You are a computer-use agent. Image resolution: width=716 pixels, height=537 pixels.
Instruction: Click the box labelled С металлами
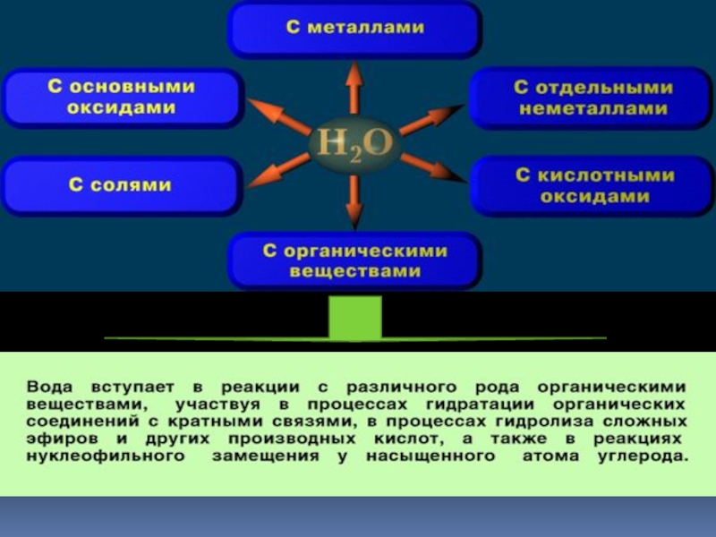354,29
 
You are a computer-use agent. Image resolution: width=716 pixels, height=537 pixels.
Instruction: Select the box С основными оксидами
123,98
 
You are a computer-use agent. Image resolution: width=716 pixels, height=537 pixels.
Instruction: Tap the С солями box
123,185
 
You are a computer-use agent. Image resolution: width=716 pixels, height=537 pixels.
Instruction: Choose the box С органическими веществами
354,260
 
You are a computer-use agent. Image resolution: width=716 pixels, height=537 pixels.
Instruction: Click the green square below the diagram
355,318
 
